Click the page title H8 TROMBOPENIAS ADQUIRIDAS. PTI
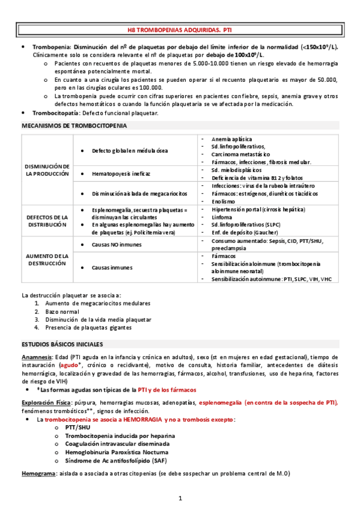180,29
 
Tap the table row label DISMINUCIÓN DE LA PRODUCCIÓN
47,169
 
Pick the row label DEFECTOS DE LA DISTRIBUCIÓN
47,220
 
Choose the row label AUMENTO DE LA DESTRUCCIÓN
47,259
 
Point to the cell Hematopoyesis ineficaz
121,174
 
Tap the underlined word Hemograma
37,474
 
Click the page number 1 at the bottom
180,497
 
